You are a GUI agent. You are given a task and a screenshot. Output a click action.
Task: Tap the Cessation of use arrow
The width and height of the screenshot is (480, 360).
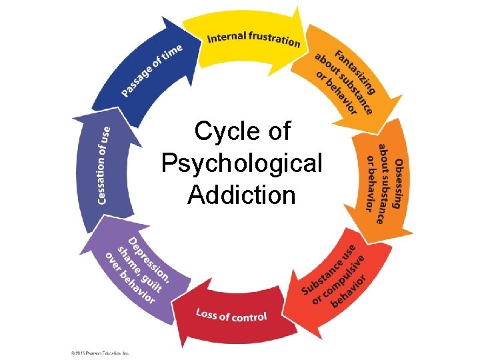tap(103, 170)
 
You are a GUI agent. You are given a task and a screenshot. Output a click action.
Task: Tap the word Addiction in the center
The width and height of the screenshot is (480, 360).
tap(241, 195)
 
